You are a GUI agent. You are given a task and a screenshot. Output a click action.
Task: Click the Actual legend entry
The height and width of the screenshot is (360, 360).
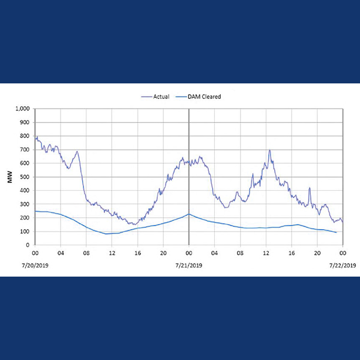[157, 96]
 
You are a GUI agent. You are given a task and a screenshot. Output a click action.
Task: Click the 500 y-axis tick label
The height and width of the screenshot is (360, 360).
[25, 177]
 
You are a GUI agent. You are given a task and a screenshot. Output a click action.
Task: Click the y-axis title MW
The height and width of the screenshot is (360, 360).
[10, 178]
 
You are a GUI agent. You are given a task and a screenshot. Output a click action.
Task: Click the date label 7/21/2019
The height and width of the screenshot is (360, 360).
[189, 265]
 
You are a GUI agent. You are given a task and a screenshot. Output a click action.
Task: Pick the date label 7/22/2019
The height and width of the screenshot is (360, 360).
[343, 265]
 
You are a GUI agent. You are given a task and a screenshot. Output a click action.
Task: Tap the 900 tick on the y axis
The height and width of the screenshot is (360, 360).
[25, 122]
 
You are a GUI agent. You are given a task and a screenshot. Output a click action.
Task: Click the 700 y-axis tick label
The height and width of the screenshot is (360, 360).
[25, 150]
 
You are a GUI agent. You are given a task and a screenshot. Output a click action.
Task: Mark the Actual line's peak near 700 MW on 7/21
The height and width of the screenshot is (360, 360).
[270, 150]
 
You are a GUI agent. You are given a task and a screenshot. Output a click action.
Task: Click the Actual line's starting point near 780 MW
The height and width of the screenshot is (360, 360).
[35, 139]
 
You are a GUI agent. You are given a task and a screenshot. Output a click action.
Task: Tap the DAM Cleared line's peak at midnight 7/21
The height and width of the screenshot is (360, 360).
[188, 214]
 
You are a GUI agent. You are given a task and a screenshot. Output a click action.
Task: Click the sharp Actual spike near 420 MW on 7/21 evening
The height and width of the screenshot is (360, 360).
[310, 188]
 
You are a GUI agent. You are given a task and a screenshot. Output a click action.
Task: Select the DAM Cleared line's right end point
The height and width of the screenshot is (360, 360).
[336, 232]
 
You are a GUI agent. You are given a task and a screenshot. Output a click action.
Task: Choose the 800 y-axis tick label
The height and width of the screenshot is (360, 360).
[25, 136]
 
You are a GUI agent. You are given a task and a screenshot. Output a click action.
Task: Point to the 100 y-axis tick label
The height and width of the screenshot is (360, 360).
[25, 232]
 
